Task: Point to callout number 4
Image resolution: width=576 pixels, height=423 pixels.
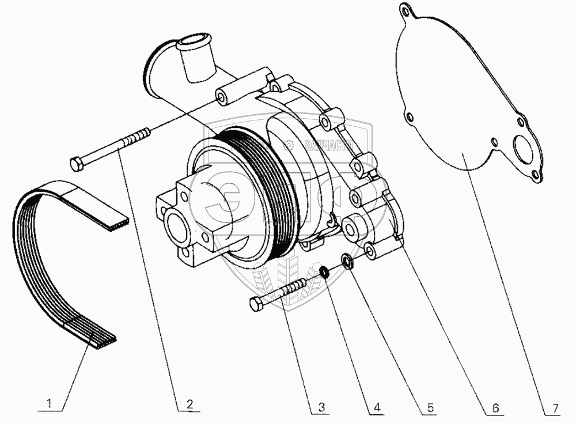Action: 377,407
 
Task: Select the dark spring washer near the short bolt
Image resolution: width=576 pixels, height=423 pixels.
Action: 324,271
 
